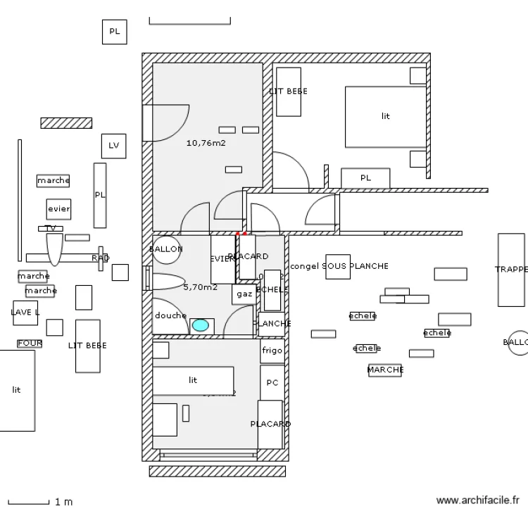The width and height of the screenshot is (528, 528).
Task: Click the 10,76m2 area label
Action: coord(206,143)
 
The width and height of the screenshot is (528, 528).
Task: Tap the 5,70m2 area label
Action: coord(200,287)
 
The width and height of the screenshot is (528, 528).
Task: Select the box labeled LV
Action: coord(113,146)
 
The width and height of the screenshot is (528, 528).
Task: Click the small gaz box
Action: coord(244,294)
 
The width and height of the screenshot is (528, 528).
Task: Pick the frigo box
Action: coord(272,351)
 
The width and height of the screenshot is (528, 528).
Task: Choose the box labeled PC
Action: coord(272,383)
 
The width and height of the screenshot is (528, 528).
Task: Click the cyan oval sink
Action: coord(201,325)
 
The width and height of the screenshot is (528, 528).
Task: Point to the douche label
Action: coord(170,315)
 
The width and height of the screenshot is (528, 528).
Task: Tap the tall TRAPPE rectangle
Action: coord(511,270)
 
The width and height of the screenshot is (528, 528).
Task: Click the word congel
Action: coord(304,266)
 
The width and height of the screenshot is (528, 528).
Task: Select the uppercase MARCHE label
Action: coord(385,370)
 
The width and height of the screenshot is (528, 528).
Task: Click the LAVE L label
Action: coord(25,312)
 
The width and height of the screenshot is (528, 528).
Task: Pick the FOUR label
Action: coord(30,344)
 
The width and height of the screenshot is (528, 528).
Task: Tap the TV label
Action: coord(50,229)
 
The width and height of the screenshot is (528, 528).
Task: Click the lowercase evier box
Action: coord(58,209)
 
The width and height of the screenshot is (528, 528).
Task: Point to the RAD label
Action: coord(100,258)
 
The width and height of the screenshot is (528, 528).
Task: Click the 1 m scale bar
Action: coord(28,502)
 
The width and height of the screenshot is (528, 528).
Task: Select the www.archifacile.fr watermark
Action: coord(477,501)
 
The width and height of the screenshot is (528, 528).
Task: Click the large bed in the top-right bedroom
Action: coord(385,117)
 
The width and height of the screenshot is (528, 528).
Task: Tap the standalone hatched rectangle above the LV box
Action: coord(66,123)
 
